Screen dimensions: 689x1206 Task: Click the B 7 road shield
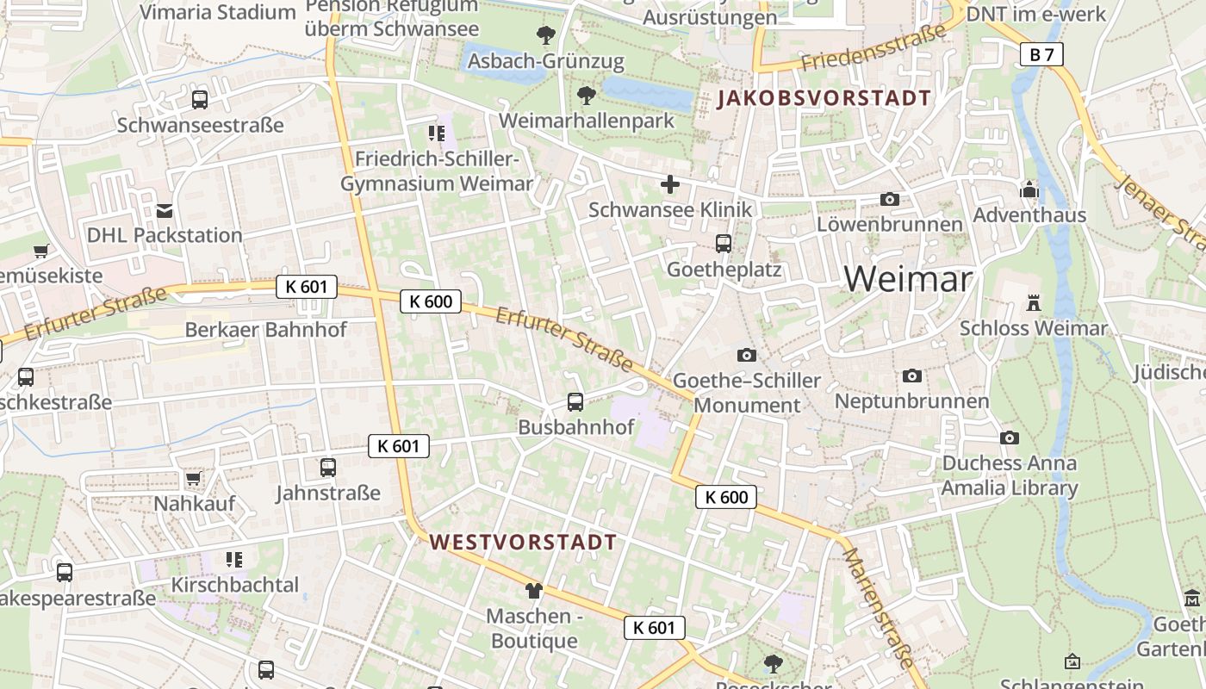(x=1041, y=54)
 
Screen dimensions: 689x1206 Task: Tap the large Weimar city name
(x=908, y=278)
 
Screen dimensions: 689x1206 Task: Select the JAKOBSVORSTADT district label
(x=824, y=98)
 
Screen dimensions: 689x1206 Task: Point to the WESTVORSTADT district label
(x=523, y=542)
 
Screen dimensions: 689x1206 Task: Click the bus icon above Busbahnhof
(x=575, y=401)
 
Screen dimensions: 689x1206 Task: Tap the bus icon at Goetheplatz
(x=724, y=244)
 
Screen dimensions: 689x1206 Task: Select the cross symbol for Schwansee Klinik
(x=669, y=183)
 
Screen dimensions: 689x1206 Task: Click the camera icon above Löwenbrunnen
(x=890, y=199)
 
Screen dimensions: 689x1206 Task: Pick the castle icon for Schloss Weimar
(x=1033, y=302)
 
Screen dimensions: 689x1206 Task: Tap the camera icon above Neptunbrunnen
(x=911, y=376)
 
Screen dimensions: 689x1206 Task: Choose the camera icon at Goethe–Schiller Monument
(x=747, y=355)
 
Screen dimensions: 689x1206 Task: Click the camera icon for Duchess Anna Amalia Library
(x=1010, y=438)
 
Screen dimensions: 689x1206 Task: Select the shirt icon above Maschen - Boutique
(x=534, y=590)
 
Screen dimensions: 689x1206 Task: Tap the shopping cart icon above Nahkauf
(x=194, y=478)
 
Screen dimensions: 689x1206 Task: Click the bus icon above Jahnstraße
(x=328, y=468)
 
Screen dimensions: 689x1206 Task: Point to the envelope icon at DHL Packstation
(x=165, y=210)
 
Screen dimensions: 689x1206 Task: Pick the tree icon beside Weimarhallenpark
(x=587, y=96)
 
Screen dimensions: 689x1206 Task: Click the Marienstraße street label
(x=876, y=607)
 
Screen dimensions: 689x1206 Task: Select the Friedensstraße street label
(x=873, y=47)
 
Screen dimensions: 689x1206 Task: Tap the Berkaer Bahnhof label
(x=266, y=330)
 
